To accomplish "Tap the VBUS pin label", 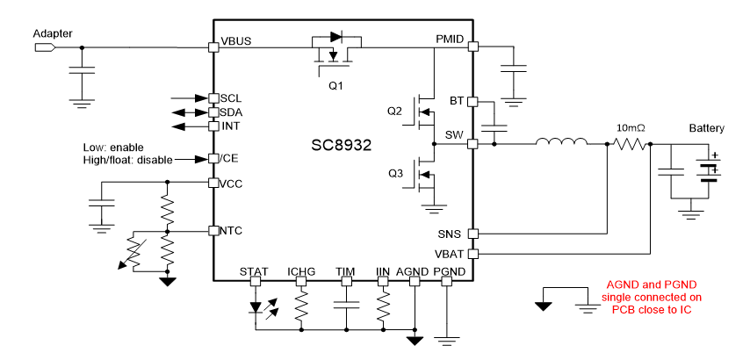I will (237, 41).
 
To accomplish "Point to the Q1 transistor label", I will (335, 85).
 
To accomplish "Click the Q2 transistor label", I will (394, 112).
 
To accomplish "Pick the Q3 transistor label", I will (394, 174).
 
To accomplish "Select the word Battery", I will (706, 128).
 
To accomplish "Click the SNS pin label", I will (451, 234).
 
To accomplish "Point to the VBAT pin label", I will (449, 254).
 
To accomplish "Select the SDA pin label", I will (232, 112).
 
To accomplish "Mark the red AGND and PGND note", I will (651, 297).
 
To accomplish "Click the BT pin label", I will (457, 101).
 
